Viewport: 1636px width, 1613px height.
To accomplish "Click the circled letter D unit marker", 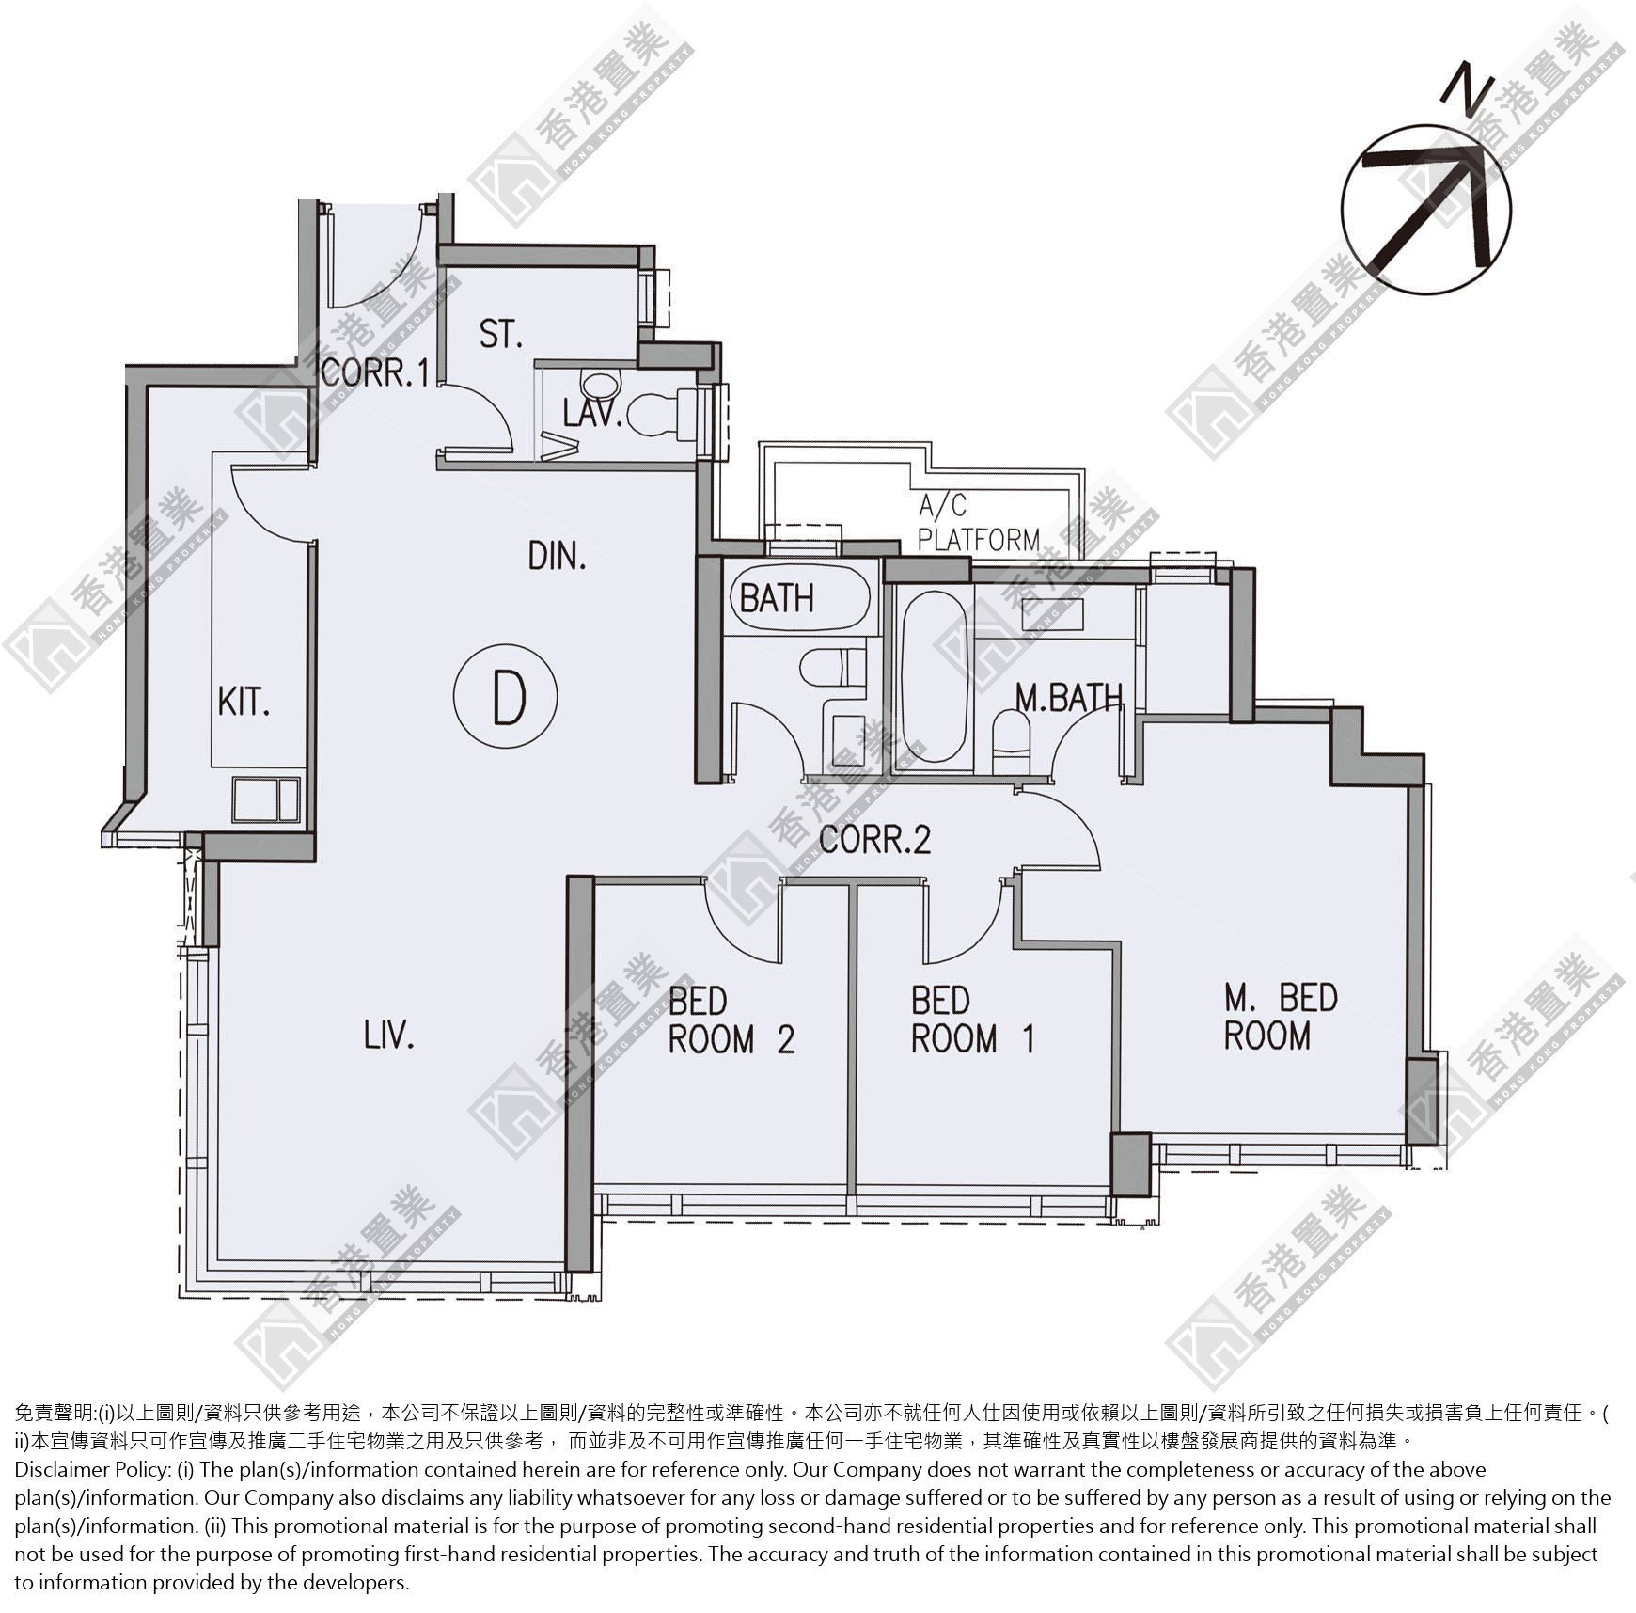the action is (506, 697).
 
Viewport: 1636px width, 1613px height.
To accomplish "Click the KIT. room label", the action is (244, 702).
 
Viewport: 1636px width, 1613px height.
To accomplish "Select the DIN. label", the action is (557, 556).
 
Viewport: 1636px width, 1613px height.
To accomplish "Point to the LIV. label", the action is (389, 1036).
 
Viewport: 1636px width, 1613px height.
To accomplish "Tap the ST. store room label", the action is (500, 334).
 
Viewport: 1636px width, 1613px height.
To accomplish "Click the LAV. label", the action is (592, 413).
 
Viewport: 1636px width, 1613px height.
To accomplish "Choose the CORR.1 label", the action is (375, 372).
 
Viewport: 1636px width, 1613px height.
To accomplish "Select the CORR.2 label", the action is (874, 839).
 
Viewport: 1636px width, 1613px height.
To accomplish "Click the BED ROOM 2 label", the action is (731, 1020).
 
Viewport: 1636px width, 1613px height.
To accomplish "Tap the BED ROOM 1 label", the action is (973, 1020).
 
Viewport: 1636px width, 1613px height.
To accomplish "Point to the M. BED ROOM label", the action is (1280, 1016).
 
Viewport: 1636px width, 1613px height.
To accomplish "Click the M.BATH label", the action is (1069, 697).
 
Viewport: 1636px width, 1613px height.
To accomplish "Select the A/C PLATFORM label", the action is (979, 524).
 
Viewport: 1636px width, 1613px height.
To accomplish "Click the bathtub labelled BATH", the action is (800, 597).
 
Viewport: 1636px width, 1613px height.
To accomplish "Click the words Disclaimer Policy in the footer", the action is (92, 1469).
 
